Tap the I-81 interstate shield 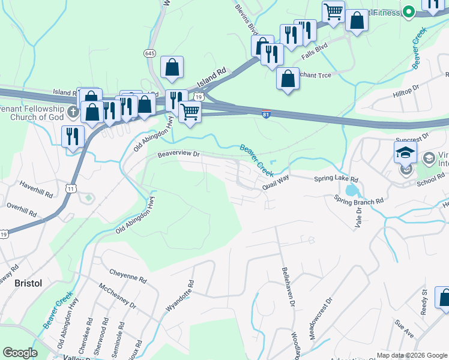coord(266,113)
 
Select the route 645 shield coord(150,53)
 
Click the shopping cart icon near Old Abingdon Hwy coord(190,111)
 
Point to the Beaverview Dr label coord(178,154)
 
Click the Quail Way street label coord(276,182)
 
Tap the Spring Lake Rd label coord(336,179)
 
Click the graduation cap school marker coord(406,152)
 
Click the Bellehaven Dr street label coord(285,287)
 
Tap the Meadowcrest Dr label coord(320,319)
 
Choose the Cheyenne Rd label coord(127,275)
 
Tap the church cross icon coord(73,111)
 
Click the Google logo coord(19,353)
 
